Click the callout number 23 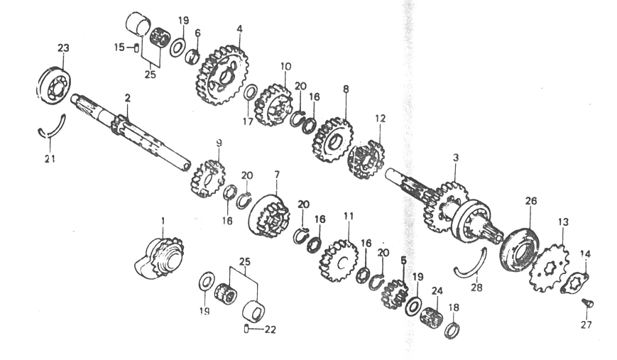pyautogui.click(x=63, y=48)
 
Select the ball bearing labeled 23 pyautogui.click(x=54, y=85)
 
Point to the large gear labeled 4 pyautogui.click(x=222, y=75)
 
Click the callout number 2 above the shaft pyautogui.click(x=127, y=99)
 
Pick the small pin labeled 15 pyautogui.click(x=136, y=48)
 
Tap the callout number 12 pyautogui.click(x=380, y=119)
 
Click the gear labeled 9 pyautogui.click(x=208, y=179)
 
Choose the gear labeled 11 pyautogui.click(x=338, y=261)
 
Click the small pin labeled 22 pyautogui.click(x=246, y=328)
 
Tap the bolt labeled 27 pyautogui.click(x=587, y=303)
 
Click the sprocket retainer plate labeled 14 pyautogui.click(x=574, y=283)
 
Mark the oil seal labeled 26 pyautogui.click(x=520, y=249)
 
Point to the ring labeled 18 pyautogui.click(x=453, y=329)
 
